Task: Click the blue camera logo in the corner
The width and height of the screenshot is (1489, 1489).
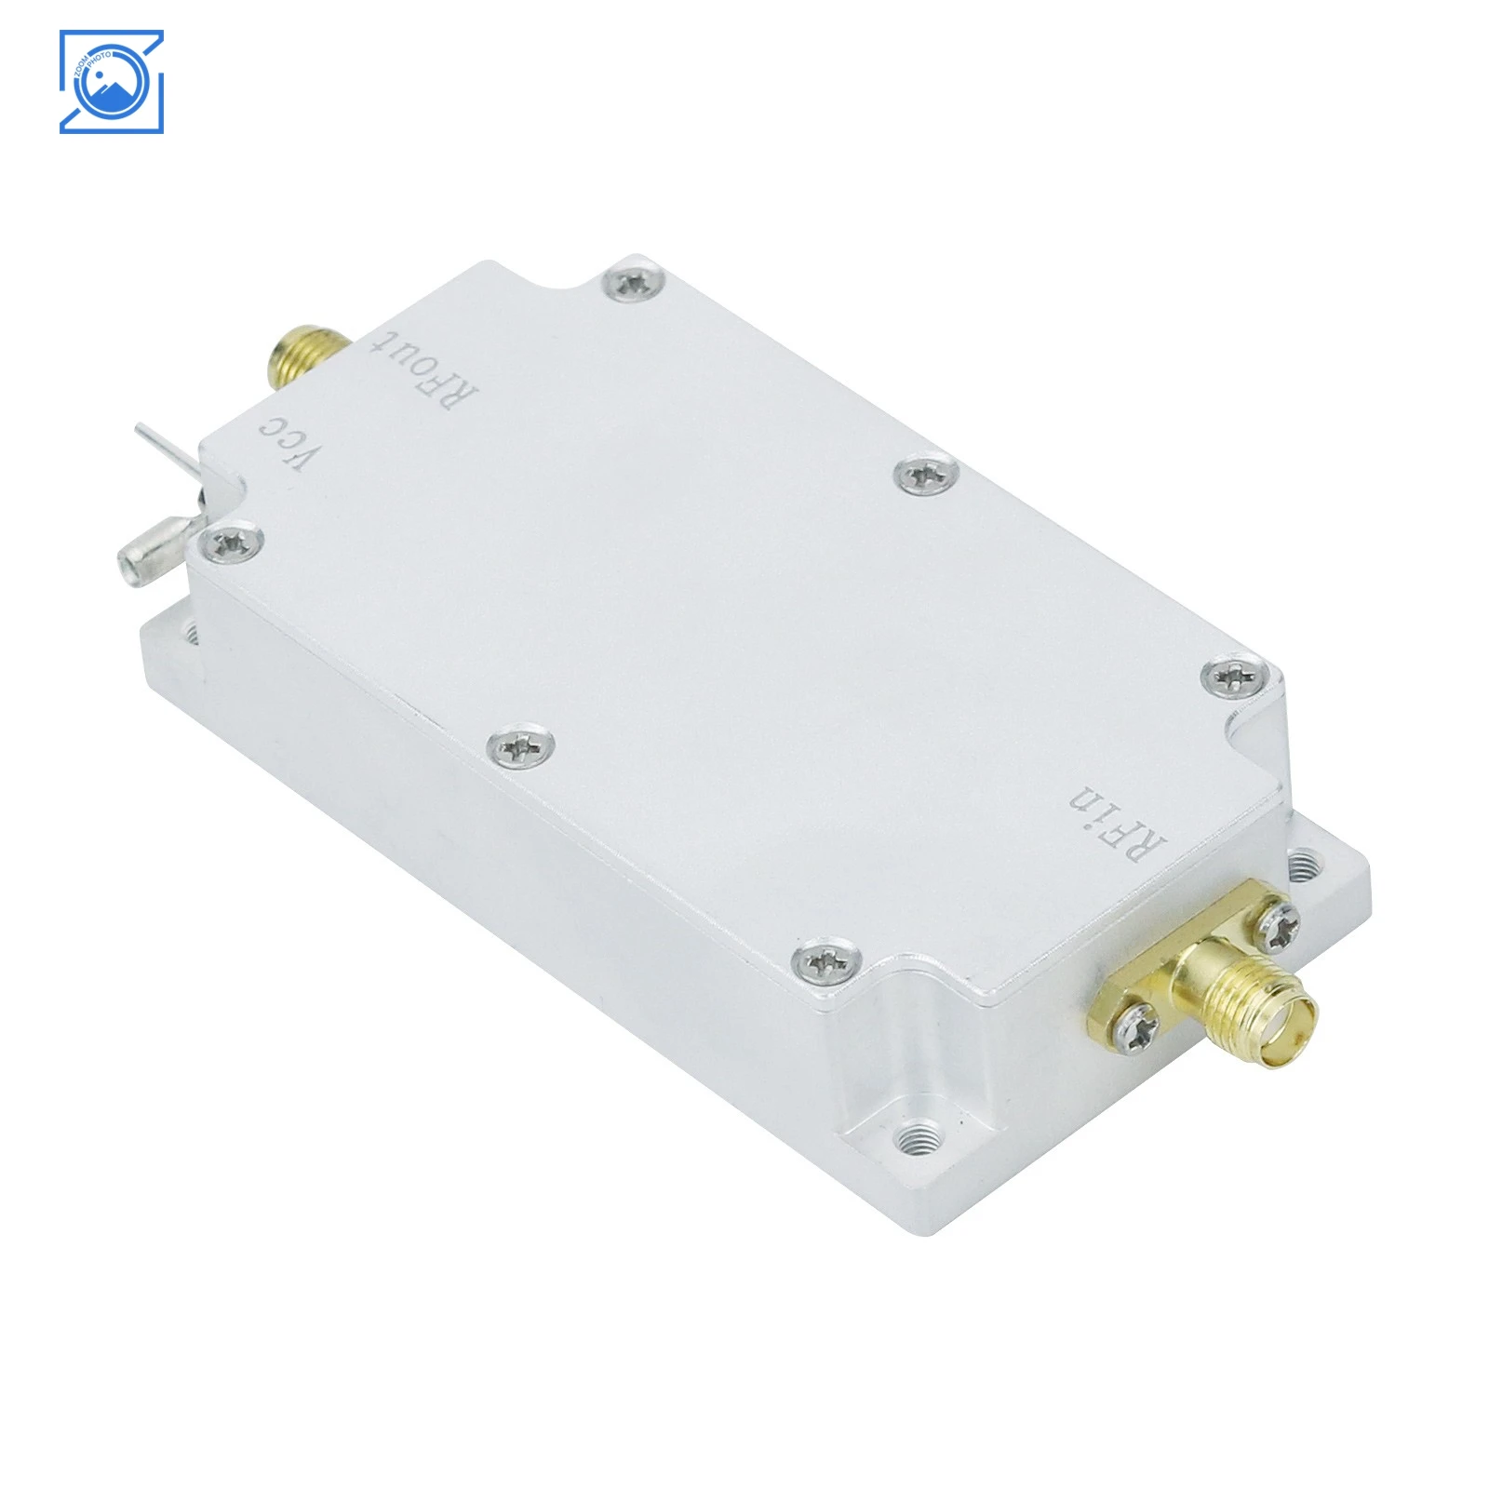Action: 111,82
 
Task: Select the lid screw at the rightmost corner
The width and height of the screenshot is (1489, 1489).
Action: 1240,672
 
